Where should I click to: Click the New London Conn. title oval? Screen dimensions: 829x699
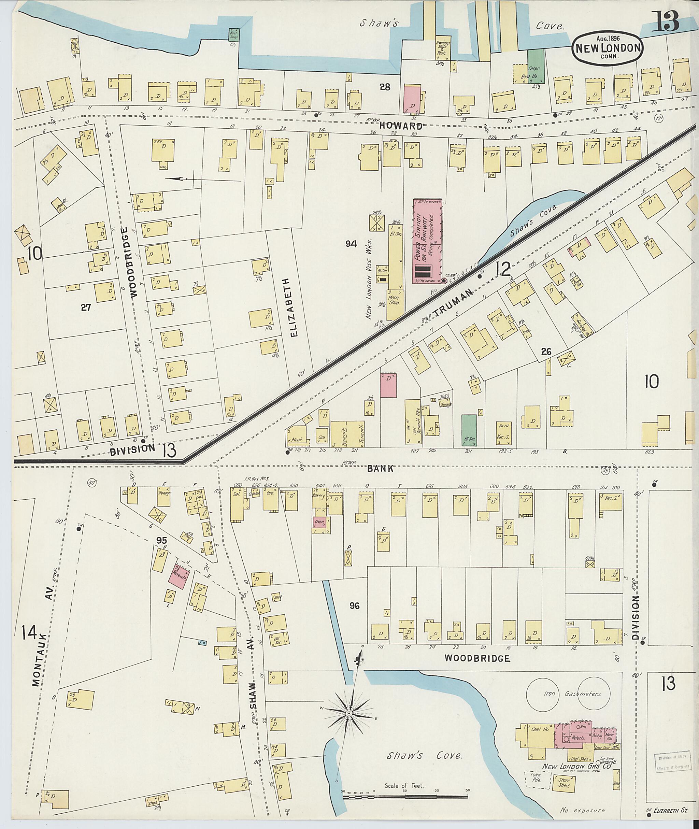click(607, 49)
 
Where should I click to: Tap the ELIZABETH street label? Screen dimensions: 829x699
click(293, 307)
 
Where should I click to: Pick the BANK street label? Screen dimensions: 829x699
click(380, 468)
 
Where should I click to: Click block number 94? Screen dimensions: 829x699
click(351, 244)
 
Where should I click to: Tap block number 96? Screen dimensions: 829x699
click(354, 606)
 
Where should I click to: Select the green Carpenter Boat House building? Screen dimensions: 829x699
click(536, 66)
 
